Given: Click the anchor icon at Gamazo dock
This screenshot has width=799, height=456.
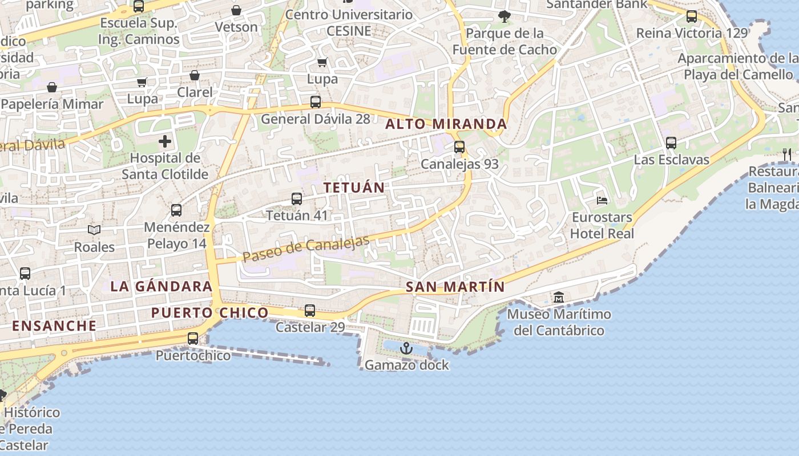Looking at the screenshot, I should point(406,348).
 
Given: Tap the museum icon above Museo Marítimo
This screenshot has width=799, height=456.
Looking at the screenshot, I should point(558,297).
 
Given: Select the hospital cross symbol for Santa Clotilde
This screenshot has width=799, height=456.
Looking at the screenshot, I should point(165,141).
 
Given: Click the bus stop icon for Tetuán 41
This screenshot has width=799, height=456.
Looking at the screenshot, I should point(297,198).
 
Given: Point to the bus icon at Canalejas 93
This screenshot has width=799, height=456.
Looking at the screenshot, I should point(459,147).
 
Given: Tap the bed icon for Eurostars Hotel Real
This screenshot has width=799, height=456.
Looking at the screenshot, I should point(602,200).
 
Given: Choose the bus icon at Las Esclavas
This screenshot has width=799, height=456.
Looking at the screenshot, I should point(671,142).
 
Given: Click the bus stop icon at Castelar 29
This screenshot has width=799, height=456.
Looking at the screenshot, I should point(310,311).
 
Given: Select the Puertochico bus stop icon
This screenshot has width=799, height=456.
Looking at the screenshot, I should point(193,339).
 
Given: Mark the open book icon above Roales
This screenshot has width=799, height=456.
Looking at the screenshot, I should point(94,230).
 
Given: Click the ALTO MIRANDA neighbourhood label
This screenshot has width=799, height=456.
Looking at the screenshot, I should point(446,124).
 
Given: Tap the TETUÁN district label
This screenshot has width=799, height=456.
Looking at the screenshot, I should point(354,187).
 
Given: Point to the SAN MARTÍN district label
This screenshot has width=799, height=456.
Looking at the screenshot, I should point(455,287).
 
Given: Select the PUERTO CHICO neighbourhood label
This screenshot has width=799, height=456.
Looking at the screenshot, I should point(209,312).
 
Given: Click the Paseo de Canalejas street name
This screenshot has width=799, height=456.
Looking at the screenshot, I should point(306,249).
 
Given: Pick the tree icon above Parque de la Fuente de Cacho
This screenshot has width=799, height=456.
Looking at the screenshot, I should point(504,16).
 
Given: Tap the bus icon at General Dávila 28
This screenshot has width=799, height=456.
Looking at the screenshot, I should point(316,102).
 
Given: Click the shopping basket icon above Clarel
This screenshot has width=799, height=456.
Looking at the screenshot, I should point(195,75).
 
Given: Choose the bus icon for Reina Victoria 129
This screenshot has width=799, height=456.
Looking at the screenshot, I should point(692,16).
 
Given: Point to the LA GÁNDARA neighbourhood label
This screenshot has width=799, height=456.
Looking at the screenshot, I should point(162,286).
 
